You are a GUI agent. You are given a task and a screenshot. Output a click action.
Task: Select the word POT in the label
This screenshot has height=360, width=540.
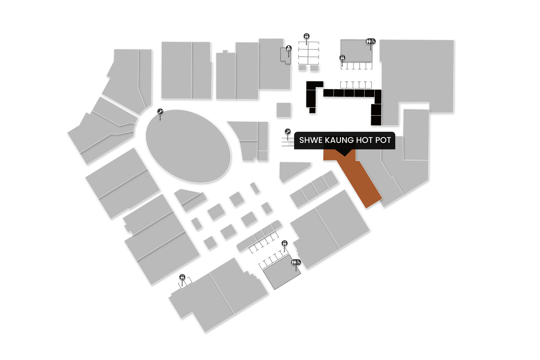383,140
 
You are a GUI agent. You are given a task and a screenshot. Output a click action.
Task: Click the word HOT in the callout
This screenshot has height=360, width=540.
364,140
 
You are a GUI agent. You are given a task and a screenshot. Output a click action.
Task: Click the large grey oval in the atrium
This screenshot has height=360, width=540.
188,146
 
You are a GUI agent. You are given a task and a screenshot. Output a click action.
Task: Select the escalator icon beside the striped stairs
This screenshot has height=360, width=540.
288,131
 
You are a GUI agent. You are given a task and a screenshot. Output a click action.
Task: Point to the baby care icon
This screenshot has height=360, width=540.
289,48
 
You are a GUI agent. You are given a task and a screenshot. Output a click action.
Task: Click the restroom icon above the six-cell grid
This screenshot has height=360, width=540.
307,36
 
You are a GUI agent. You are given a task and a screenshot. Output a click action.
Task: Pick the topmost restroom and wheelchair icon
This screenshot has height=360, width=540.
371,41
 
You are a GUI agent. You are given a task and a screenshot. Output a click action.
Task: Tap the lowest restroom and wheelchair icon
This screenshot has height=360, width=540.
296,262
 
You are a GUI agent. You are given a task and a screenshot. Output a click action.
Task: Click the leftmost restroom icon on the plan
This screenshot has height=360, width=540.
183,277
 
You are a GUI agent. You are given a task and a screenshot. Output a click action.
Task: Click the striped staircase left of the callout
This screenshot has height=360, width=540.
288,141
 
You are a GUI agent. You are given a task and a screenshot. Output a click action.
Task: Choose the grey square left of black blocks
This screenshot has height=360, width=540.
284,110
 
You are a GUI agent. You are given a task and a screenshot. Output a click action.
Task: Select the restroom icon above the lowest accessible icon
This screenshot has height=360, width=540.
285,243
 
